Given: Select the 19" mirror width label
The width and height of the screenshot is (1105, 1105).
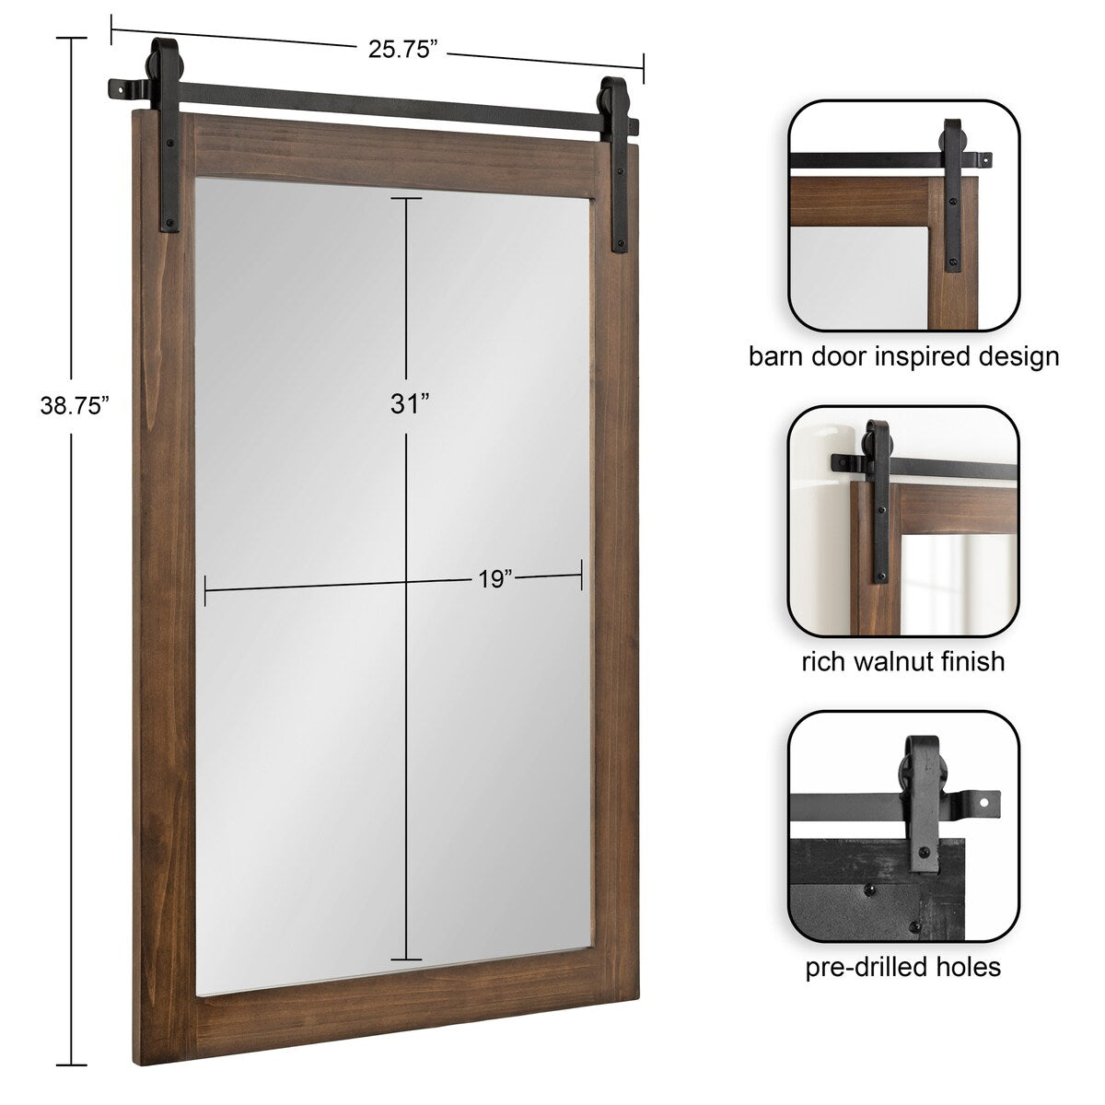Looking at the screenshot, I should pyautogui.click(x=494, y=579).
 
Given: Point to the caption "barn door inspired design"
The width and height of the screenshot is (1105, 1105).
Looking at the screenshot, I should pyautogui.click(x=903, y=356).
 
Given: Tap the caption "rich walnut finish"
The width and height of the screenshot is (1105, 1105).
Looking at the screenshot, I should pyautogui.click(x=902, y=661).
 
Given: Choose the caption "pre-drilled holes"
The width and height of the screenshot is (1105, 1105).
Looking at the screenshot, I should pyautogui.click(x=902, y=966).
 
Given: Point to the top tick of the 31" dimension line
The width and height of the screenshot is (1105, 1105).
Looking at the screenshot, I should pyautogui.click(x=406, y=198).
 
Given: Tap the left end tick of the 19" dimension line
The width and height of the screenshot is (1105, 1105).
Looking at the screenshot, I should pyautogui.click(x=205, y=590).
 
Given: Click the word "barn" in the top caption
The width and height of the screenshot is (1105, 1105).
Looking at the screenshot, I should pyautogui.click(x=770, y=356).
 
